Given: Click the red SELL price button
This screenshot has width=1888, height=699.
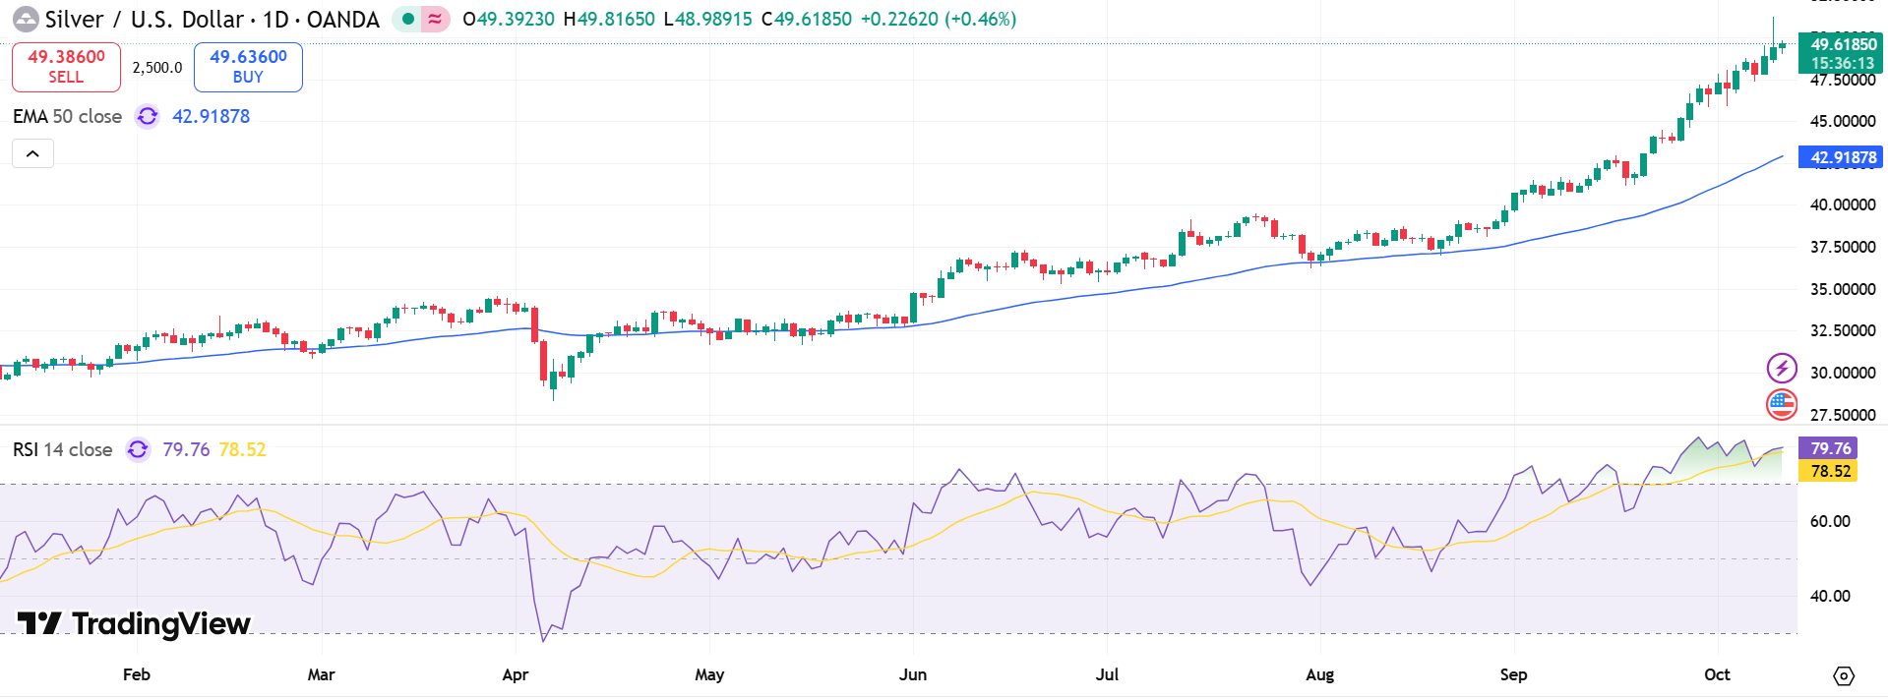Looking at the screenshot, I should point(66,67).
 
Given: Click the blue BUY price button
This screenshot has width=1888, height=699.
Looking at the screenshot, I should point(248,67).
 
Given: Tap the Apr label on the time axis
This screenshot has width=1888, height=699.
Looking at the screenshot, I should point(515,674).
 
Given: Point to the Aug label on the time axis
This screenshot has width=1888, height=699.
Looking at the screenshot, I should point(1319,674).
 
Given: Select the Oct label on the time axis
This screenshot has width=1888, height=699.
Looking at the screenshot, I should point(1717,674).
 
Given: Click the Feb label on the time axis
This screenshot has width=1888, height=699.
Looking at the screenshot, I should point(137,674).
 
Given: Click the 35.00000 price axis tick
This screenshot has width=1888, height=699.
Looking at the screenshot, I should point(1842,289).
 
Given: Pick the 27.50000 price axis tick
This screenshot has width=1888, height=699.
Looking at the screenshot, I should point(1842,415).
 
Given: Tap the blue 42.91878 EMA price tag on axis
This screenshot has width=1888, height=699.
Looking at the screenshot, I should point(1841,157).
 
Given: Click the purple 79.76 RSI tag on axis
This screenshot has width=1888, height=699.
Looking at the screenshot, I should point(1828,448).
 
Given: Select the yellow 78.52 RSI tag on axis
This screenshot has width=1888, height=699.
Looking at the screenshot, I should point(1828,471).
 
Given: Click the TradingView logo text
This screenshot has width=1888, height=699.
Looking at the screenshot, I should point(135,623).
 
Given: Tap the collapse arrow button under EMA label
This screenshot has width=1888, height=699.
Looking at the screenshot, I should point(32,153).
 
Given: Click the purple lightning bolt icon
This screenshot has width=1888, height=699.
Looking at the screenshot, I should point(1782,368).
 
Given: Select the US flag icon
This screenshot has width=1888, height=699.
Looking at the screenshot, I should point(1782,403).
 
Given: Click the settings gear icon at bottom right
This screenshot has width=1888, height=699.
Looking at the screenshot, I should point(1843,675).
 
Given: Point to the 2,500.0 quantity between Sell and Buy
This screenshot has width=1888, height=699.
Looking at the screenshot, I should point(157,68).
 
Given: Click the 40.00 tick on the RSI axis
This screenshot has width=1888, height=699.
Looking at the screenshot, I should point(1829,596).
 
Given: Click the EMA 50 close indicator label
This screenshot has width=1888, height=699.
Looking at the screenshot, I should point(67,116).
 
